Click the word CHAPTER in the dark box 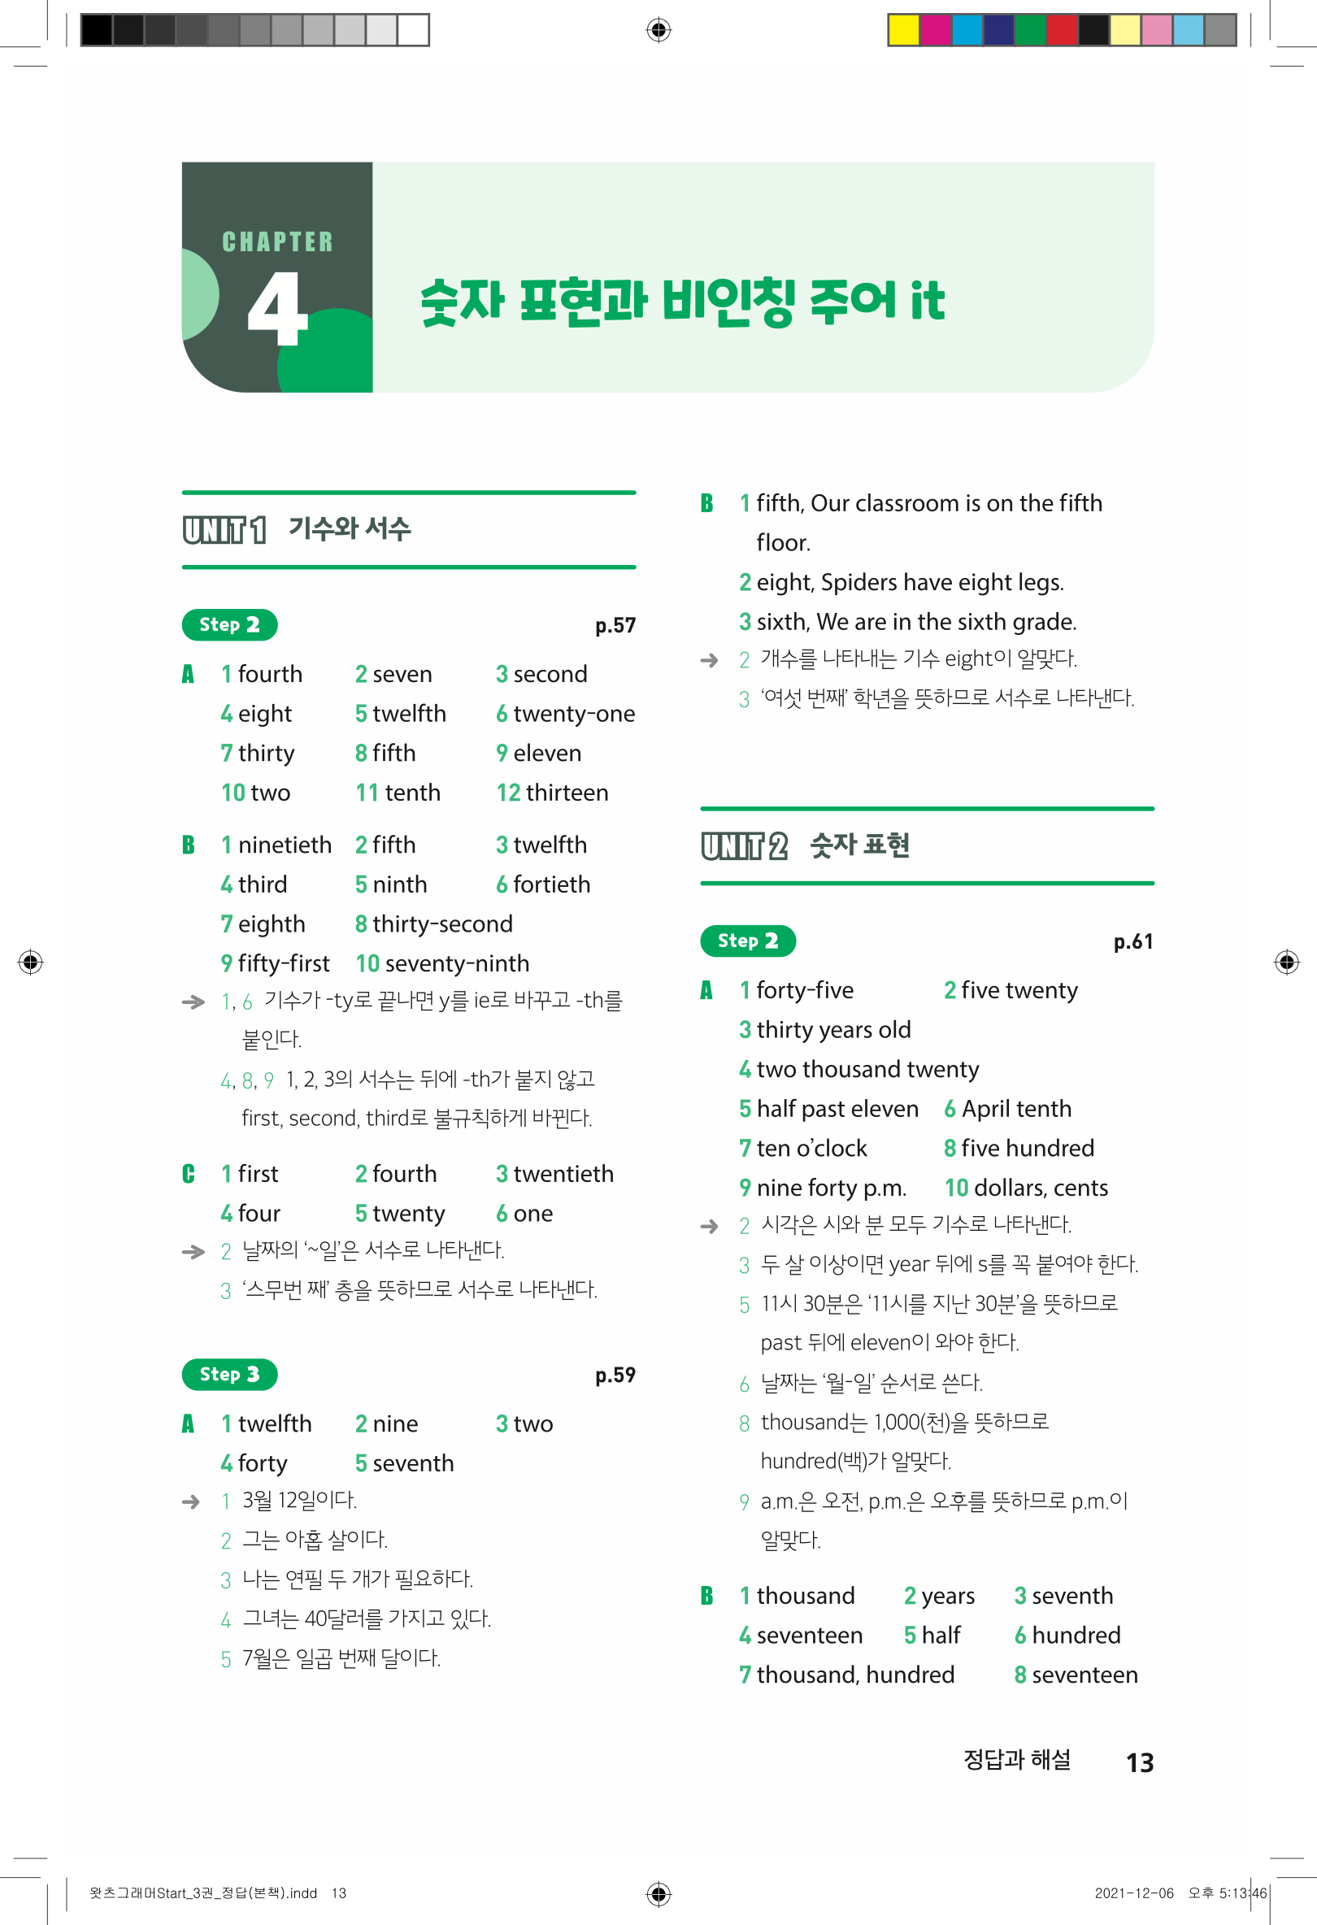[x=277, y=242]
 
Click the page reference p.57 [x=615, y=625]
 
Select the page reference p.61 [x=1132, y=942]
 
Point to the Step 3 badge [x=229, y=1375]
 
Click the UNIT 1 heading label [x=224, y=529]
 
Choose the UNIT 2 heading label [x=743, y=845]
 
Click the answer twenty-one [x=573, y=714]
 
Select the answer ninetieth [x=284, y=845]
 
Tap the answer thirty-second [x=442, y=924]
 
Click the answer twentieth [x=563, y=1174]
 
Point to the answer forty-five [x=804, y=991]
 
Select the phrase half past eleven [x=837, y=1109]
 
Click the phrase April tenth [x=1016, y=1109]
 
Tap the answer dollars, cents [x=1041, y=1188]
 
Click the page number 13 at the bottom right [x=1140, y=1762]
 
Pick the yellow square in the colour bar [x=903, y=30]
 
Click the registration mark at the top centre [x=658, y=30]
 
